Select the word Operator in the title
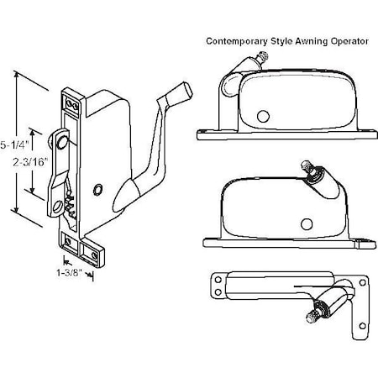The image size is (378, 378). pyautogui.click(x=358, y=40)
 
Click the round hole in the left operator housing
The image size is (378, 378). pyautogui.click(x=99, y=191)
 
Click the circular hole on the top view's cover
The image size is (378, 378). pyautogui.click(x=262, y=115)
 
